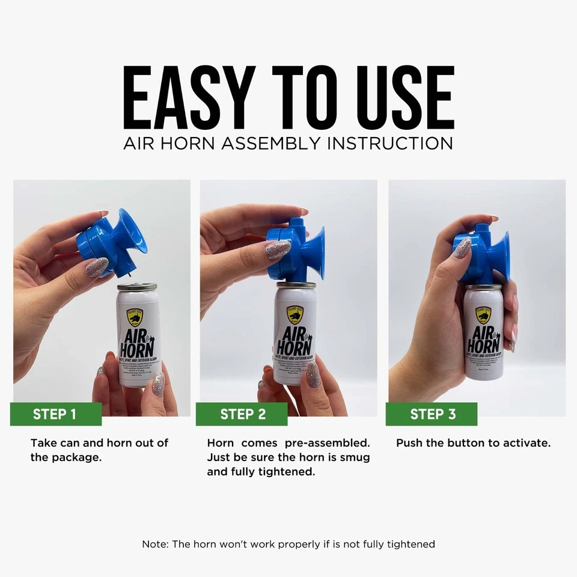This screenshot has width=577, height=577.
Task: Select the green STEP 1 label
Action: click(x=55, y=414)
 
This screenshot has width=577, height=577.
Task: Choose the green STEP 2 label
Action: click(x=243, y=414)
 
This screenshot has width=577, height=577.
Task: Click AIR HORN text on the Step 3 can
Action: click(x=484, y=339)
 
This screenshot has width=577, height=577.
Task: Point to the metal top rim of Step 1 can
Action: click(x=136, y=287)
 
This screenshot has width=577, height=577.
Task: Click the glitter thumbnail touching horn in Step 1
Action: click(x=97, y=267)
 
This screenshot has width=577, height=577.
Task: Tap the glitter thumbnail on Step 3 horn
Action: click(x=462, y=247)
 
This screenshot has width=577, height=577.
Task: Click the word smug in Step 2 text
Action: click(x=354, y=457)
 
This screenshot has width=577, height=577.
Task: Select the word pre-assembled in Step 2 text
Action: click(x=327, y=443)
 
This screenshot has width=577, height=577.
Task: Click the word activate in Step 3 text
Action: click(x=525, y=443)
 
